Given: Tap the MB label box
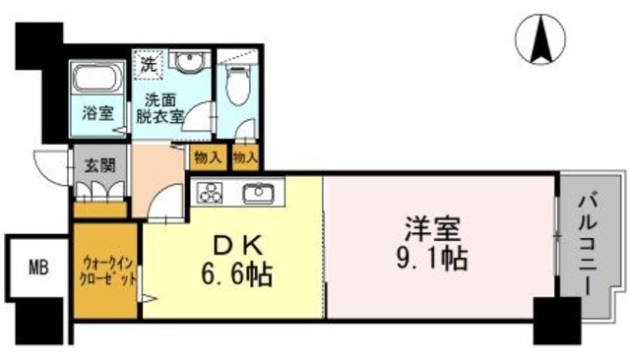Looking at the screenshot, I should [36, 266].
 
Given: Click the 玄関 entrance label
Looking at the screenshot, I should [96, 163].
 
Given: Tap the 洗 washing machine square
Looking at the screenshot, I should [147, 66].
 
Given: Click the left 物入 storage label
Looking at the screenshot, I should [208, 155].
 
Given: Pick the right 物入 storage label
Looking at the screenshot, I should [244, 155].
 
